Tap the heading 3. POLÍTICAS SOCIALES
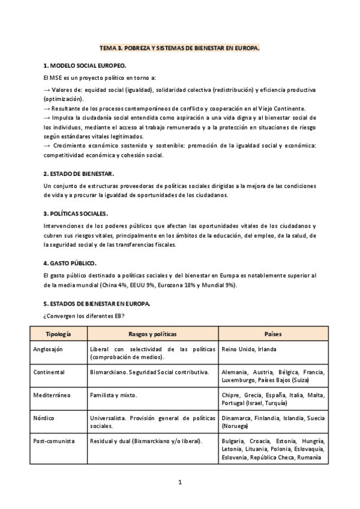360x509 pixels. point(76,214)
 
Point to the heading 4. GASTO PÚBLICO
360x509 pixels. point(70,263)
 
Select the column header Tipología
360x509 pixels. point(58,334)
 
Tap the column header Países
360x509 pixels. point(272,334)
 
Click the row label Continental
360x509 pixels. point(49,372)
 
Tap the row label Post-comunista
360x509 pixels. point(55,441)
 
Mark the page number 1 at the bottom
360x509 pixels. point(179,482)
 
